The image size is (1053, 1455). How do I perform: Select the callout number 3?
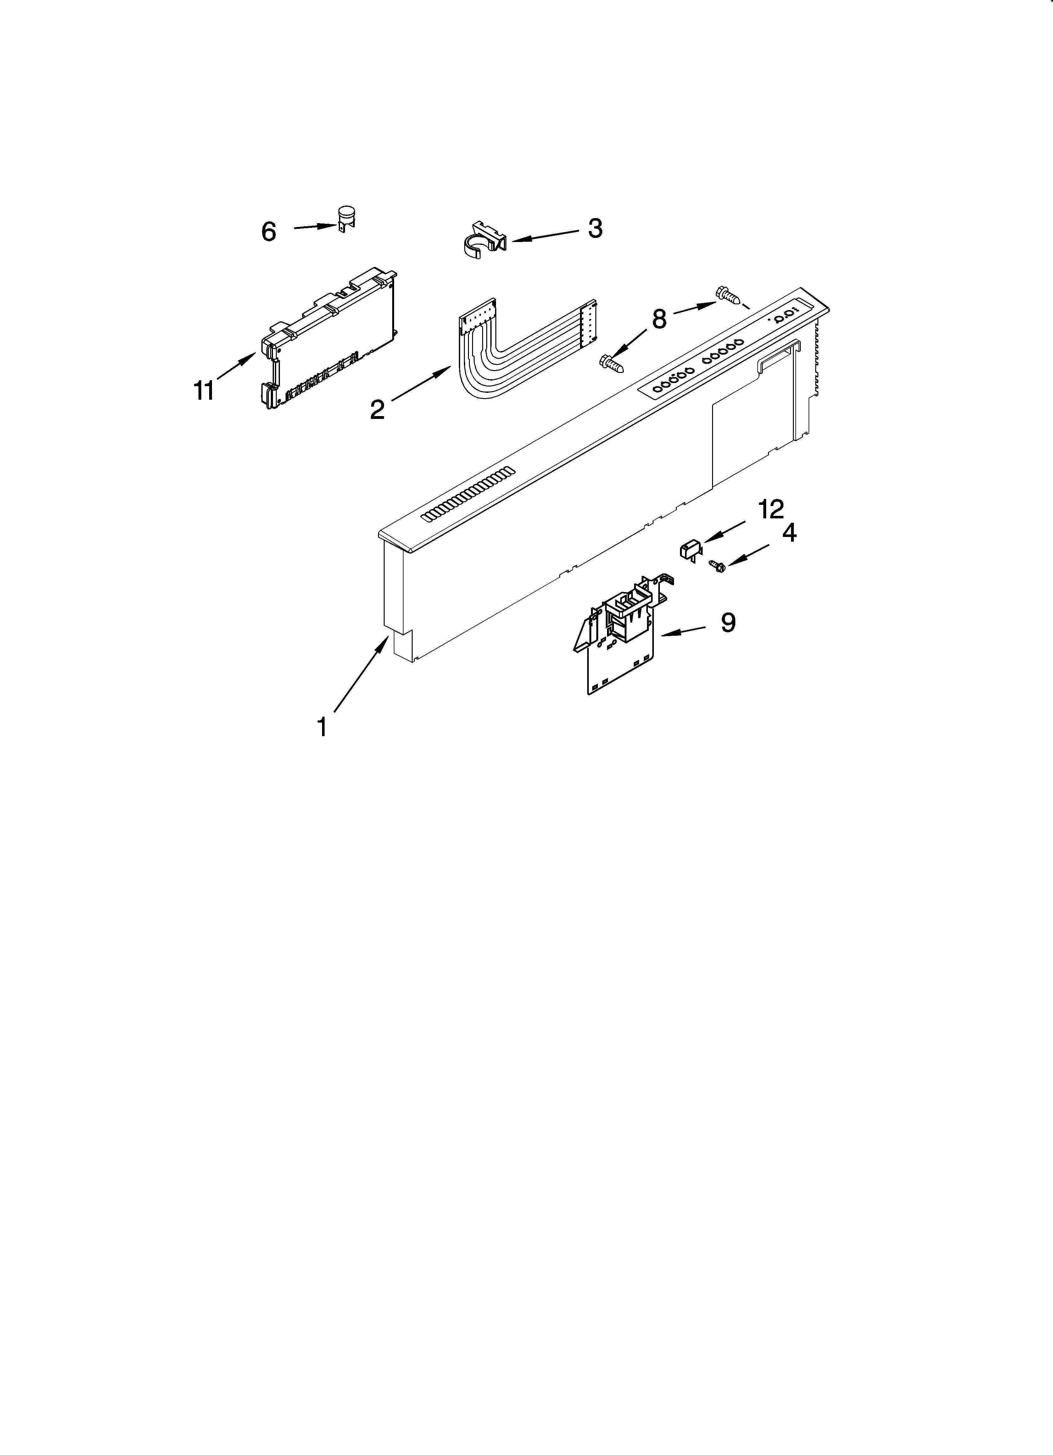[x=595, y=228]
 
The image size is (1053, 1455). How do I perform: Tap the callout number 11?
[x=204, y=390]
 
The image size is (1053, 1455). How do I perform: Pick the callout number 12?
[x=771, y=509]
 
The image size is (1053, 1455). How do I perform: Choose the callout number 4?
[x=789, y=533]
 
